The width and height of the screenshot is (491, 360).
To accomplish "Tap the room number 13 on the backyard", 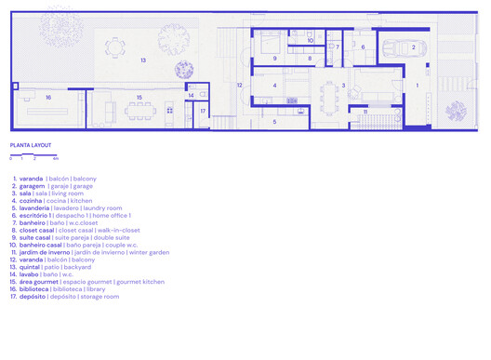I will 143,60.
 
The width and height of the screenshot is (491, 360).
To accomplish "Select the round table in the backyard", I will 114,47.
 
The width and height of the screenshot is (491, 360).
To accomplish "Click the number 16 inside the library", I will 47,97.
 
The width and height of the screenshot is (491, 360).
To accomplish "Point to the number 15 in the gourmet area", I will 139,97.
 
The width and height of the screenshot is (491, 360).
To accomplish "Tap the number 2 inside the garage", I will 391,45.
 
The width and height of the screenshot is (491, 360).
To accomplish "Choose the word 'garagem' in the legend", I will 32,186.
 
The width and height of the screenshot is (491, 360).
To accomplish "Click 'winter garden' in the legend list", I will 148,252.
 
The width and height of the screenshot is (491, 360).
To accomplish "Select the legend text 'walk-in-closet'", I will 118,230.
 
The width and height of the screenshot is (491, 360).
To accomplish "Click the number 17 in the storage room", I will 202,111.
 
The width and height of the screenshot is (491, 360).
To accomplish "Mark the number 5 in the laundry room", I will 273,121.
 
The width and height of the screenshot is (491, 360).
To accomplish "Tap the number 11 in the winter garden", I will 365,112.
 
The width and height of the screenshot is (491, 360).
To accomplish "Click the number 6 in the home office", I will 363,47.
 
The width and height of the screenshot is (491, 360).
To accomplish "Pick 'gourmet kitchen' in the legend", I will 140,281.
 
